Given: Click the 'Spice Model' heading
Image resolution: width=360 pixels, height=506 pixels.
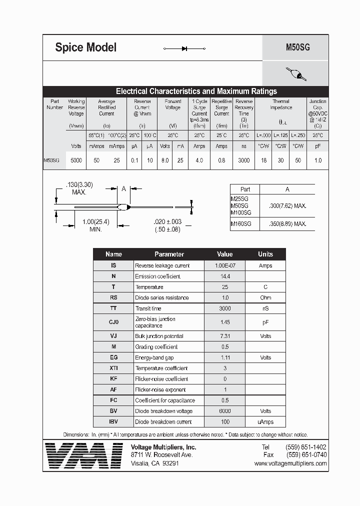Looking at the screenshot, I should coord(85,48).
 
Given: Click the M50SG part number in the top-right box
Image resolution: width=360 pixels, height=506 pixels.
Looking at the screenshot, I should coord(297,48).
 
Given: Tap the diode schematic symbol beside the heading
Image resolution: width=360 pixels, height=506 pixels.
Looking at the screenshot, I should coord(184,48).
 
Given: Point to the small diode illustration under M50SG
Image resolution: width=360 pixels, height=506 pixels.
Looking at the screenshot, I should coord(295,74).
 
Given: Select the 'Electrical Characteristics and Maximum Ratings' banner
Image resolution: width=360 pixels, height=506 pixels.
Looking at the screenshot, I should coord(196,91).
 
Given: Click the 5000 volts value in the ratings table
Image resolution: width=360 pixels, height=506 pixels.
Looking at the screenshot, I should coord(76,160).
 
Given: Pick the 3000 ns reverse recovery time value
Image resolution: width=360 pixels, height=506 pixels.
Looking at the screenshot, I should coord(243,160).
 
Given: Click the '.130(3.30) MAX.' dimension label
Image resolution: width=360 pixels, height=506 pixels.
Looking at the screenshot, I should coord(80,188).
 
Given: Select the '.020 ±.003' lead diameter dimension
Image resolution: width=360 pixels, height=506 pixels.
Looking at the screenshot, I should coord(168,221).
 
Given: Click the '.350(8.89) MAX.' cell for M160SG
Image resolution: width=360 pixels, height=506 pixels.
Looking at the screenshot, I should coord(287,224).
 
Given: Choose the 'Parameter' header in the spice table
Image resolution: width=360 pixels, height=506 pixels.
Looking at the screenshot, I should coord(169,254).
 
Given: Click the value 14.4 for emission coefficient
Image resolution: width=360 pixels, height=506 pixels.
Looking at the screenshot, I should coord(224,276).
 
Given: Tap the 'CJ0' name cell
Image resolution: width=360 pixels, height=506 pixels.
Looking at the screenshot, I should coord(113,322).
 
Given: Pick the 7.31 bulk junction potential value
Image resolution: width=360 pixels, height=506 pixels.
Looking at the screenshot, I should coord(224,336).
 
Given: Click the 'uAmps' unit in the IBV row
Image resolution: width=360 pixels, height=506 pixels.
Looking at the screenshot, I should coord(265,421).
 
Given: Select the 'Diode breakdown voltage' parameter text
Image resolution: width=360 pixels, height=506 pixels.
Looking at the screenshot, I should coord(163,411).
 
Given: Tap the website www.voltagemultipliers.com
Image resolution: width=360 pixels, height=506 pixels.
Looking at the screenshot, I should coord(290,463).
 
